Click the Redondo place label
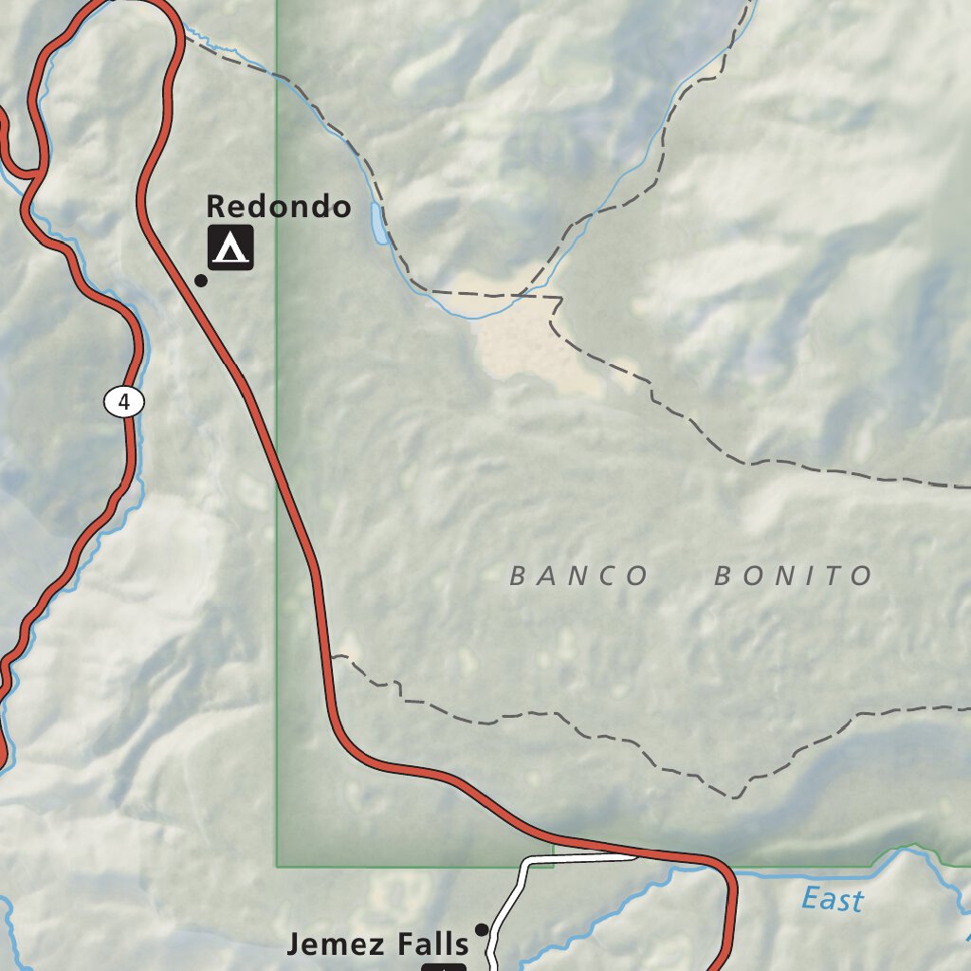pos(278,206)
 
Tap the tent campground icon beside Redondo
pos(230,247)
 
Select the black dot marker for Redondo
pos(201,280)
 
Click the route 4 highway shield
pos(124,402)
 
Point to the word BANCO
pos(578,576)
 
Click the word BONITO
pos(793,576)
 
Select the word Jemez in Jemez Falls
pos(331,944)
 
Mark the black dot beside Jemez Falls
pos(482,929)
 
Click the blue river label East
pos(832,899)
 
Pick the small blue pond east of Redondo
pos(379,224)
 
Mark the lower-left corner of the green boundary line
pos(277,866)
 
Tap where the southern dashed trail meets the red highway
pos(333,656)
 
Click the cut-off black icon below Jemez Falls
pos(444,966)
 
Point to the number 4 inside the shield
pos(124,402)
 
